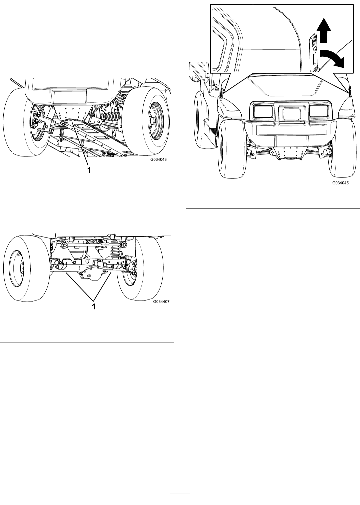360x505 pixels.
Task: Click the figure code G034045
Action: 340,182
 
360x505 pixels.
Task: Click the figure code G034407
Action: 161,302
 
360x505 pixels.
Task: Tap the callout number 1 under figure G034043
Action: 89,170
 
